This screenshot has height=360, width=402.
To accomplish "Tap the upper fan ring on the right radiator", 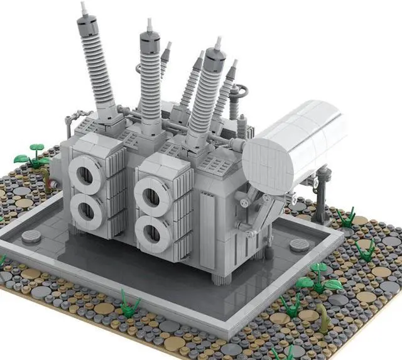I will pyautogui.click(x=151, y=193).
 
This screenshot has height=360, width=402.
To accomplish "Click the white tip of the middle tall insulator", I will pyautogui.click(x=149, y=24).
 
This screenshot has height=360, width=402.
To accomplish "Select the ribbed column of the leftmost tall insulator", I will pyautogui.click(x=94, y=63).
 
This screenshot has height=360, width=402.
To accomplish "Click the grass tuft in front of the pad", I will pyautogui.click(x=131, y=305).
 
